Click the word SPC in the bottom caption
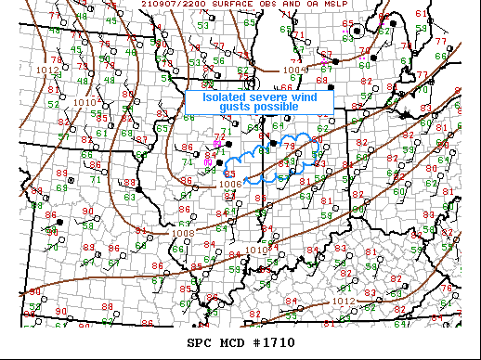200,342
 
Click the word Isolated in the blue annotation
223,96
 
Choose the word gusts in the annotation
234,108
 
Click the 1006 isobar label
232,184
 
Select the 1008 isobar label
183,233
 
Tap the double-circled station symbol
357,31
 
